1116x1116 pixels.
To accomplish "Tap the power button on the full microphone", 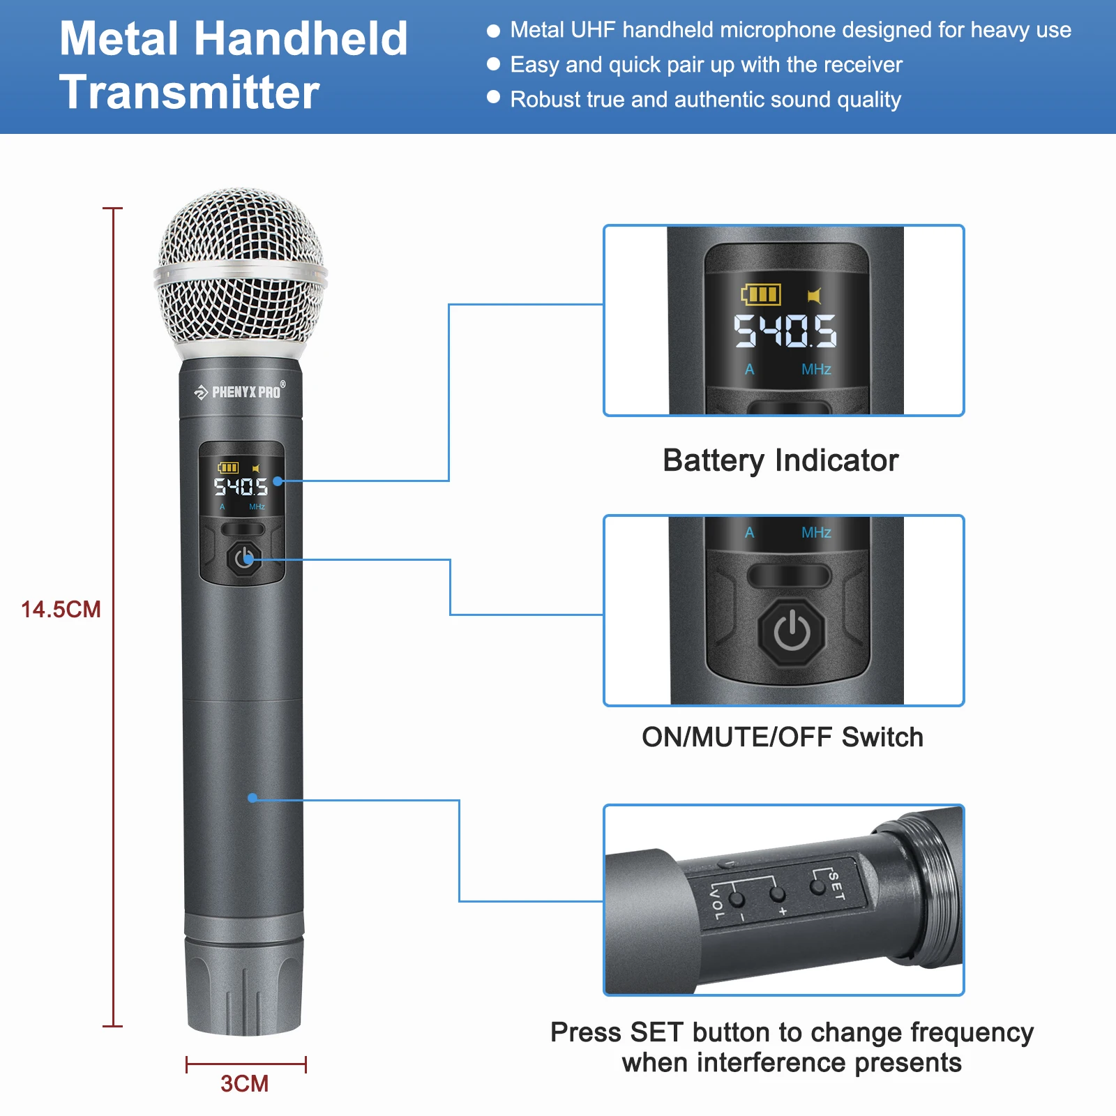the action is click(x=244, y=558).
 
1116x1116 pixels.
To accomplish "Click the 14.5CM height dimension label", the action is click(x=61, y=610).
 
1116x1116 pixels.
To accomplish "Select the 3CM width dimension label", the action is click(x=244, y=1083).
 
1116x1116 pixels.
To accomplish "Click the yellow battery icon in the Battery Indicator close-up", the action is click(x=761, y=294).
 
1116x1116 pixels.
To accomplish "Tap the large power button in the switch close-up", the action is click(x=792, y=631).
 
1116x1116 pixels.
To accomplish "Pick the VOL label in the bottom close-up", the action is click(x=716, y=903).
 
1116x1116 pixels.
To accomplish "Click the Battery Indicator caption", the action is click(x=781, y=460).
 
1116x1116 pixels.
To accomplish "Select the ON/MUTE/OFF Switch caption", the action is click(x=782, y=737).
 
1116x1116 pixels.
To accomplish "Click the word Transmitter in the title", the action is click(x=189, y=92).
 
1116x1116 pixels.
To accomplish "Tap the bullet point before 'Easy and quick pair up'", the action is click(x=494, y=64).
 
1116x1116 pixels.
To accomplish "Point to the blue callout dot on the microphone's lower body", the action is click(x=252, y=798).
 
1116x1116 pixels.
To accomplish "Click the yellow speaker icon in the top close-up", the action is click(x=814, y=296).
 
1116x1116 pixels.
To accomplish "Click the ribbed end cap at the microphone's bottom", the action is click(x=244, y=983).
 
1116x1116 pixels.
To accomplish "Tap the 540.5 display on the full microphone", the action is click(x=241, y=486).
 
